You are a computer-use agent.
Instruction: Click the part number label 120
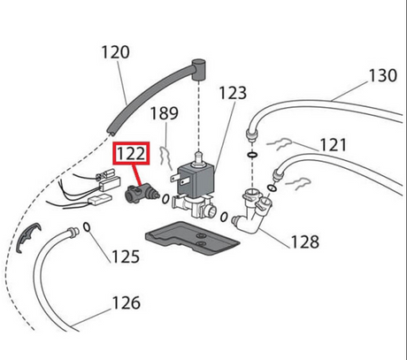click(115, 52)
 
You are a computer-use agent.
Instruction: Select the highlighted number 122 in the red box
click(131, 154)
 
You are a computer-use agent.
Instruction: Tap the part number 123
click(233, 93)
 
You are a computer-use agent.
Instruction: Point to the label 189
click(165, 113)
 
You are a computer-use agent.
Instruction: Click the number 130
click(383, 75)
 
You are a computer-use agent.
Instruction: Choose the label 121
click(333, 145)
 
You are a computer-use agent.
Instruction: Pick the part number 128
click(305, 241)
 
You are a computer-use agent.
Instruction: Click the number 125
click(126, 257)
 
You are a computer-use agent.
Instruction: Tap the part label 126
click(127, 303)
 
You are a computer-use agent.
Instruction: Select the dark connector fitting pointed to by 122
click(140, 193)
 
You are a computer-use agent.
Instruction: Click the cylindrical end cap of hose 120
click(198, 69)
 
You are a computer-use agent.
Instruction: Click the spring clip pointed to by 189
click(165, 157)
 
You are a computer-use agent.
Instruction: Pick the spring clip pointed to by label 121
click(280, 144)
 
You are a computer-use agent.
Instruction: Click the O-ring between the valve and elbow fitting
click(224, 217)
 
